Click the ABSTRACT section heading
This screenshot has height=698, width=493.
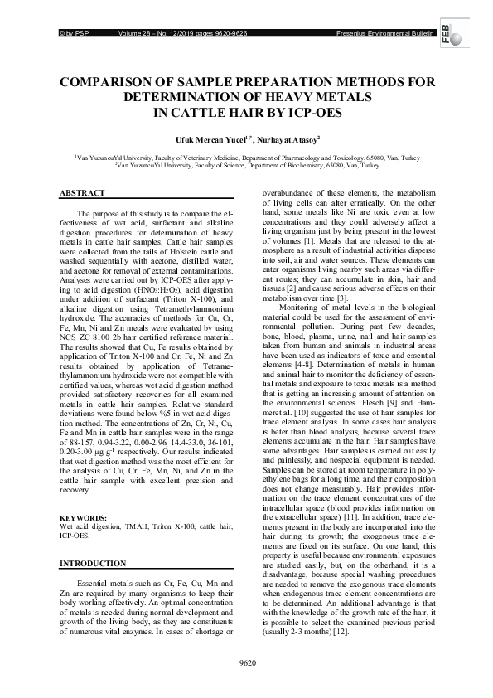[83, 192]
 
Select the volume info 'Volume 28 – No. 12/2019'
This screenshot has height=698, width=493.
[159, 32]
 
